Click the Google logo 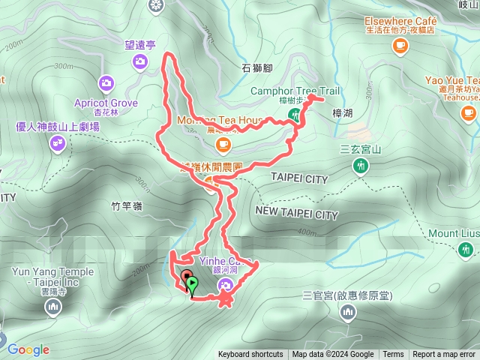pyautogui.click(x=28, y=349)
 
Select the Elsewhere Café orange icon pyautogui.click(x=399, y=46)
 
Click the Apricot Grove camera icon pyautogui.click(x=106, y=82)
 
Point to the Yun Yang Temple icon pyautogui.click(x=52, y=307)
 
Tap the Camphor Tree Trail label pyautogui.click(x=295, y=91)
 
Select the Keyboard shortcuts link pyautogui.click(x=250, y=355)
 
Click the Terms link pyautogui.click(x=393, y=355)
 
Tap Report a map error pyautogui.click(x=445, y=355)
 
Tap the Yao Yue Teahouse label pyautogui.click(x=452, y=80)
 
